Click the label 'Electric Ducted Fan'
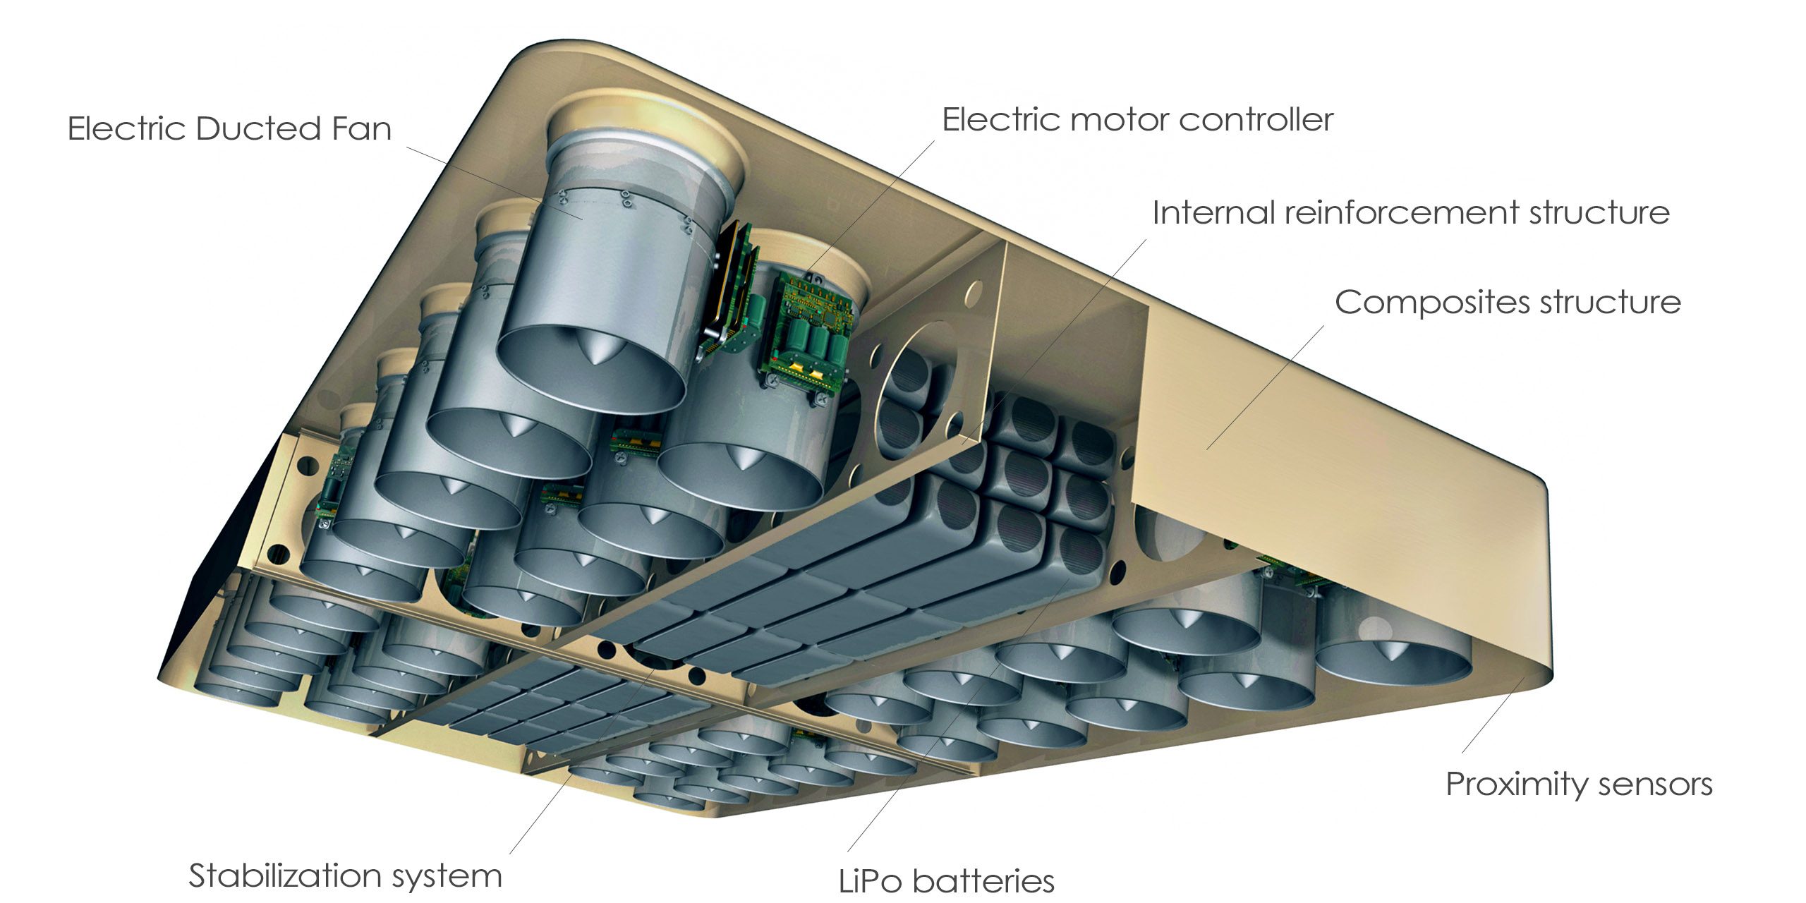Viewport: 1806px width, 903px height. click(x=229, y=128)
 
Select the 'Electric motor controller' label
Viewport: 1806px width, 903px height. click(x=1137, y=120)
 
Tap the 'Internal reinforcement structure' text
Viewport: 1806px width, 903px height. click(x=1411, y=212)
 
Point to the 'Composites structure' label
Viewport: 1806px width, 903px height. click(x=1508, y=303)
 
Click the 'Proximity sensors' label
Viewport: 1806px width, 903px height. click(x=1579, y=784)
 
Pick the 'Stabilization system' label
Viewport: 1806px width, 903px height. click(x=345, y=875)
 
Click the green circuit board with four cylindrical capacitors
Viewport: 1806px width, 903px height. click(x=811, y=328)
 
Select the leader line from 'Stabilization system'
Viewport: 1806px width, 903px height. click(x=543, y=811)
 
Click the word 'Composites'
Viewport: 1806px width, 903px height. click(x=1432, y=303)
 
